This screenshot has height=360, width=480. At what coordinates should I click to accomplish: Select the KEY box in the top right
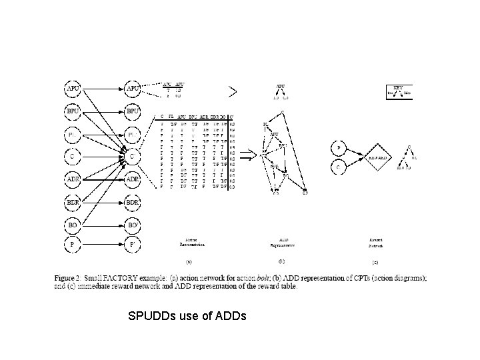pyautogui.click(x=399, y=92)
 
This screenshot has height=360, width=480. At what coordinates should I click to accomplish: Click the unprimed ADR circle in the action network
pyautogui.click(x=73, y=179)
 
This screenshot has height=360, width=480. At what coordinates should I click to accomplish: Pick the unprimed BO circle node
pyautogui.click(x=73, y=226)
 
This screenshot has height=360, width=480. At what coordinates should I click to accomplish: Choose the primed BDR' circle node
pyautogui.click(x=132, y=203)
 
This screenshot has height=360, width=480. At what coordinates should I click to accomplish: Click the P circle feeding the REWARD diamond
pyautogui.click(x=341, y=147)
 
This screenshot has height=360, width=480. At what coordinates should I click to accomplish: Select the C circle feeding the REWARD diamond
pyautogui.click(x=341, y=167)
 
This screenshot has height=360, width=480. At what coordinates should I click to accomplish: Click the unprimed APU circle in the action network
pyautogui.click(x=73, y=87)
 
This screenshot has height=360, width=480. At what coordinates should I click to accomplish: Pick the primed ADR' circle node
pyautogui.click(x=132, y=179)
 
